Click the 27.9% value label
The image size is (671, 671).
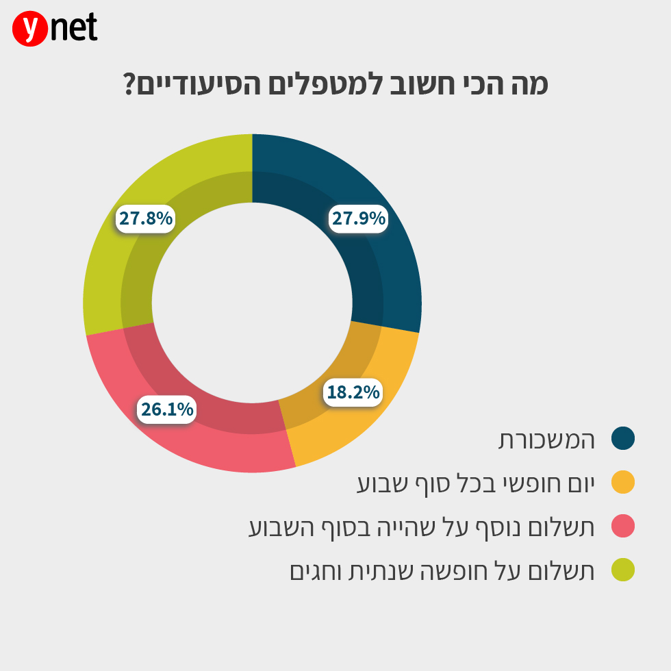(359, 218)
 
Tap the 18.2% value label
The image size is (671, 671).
(353, 392)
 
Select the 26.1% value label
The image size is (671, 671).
(167, 409)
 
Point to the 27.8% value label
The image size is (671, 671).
(145, 218)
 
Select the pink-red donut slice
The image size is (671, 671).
(205, 438)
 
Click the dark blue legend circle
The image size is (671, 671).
(623, 439)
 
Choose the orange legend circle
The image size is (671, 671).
(623, 483)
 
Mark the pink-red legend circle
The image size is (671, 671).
(623, 527)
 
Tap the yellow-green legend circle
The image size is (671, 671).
(623, 570)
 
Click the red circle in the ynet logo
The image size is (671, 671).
(29, 29)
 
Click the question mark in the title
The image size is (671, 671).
(129, 86)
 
